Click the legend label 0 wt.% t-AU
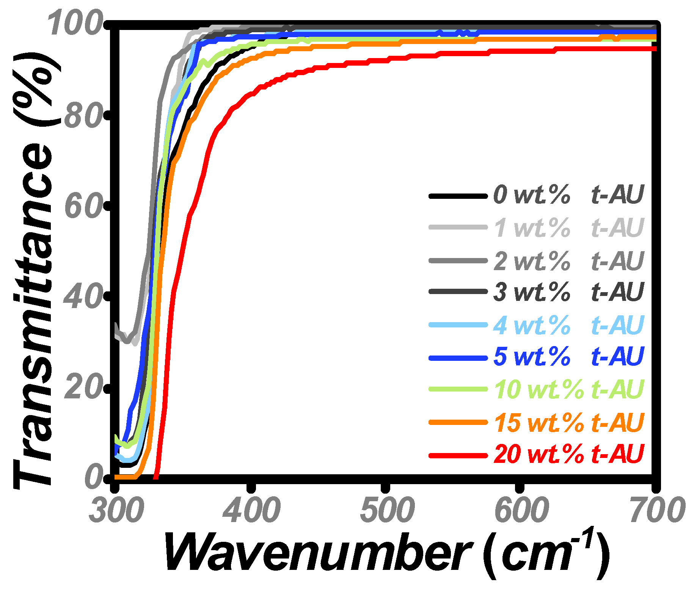tap(568, 195)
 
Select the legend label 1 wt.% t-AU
tap(568, 228)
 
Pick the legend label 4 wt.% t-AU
tap(568, 325)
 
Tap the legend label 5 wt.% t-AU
tap(568, 357)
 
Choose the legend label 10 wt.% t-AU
tap(568, 389)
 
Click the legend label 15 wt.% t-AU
tap(568, 422)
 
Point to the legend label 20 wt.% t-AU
tap(568, 454)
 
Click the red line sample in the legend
tap(458, 455)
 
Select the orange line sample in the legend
tap(458, 422)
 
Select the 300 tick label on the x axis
tap(116, 511)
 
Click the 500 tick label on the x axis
tap(387, 511)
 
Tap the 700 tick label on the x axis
tap(657, 511)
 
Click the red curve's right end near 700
tap(653, 49)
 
